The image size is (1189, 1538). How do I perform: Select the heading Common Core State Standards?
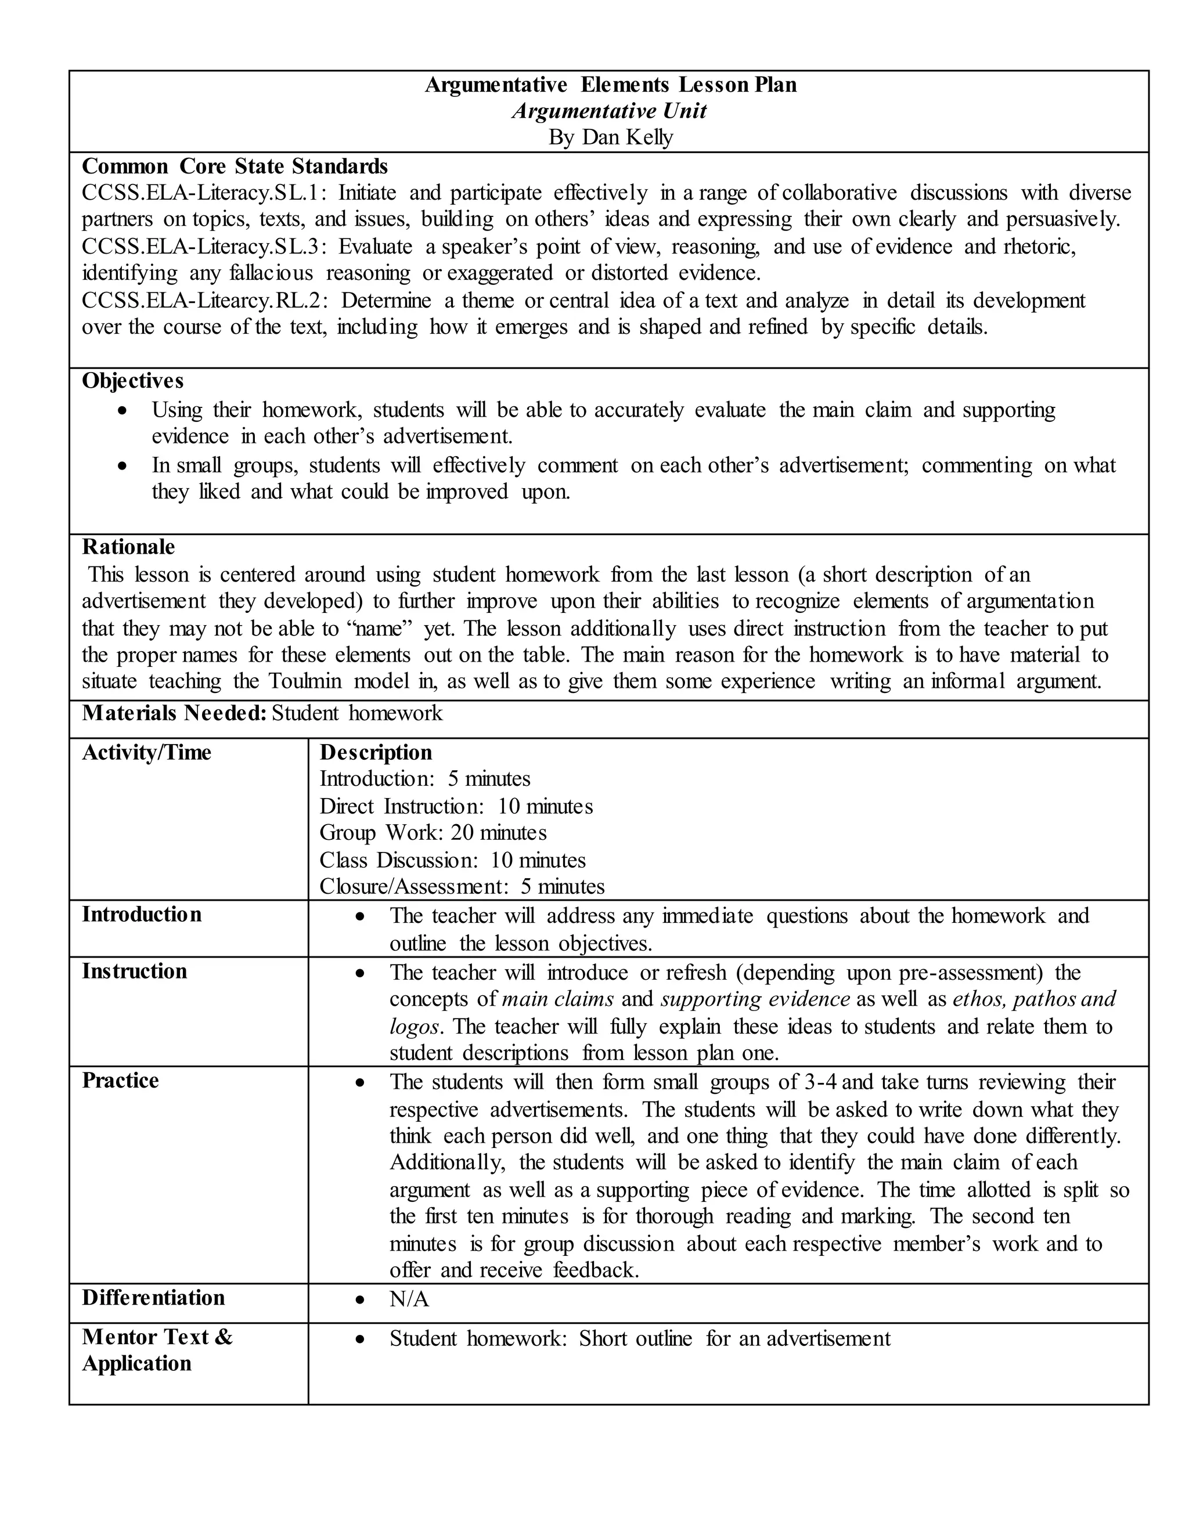[235, 166]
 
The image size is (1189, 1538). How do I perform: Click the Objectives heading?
[132, 381]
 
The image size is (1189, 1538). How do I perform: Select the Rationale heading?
[128, 547]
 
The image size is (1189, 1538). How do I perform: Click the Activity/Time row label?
[146, 753]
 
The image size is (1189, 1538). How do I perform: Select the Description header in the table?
[376, 753]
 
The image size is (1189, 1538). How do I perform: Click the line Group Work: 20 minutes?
[433, 833]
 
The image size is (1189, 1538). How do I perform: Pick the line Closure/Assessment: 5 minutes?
[462, 887]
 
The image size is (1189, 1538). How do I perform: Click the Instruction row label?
[135, 972]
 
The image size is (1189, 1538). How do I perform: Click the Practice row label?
[120, 1081]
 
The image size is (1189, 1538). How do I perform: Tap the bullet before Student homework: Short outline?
[360, 1340]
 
